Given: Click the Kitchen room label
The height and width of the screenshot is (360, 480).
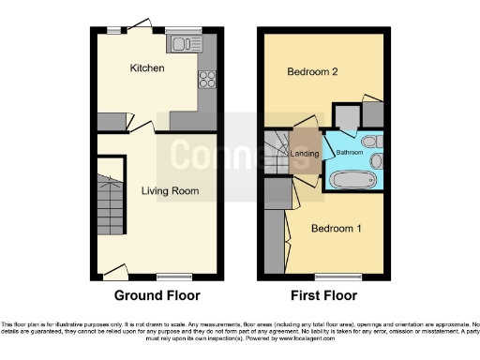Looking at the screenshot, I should (x=147, y=68).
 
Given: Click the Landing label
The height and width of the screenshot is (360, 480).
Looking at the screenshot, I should (x=305, y=155).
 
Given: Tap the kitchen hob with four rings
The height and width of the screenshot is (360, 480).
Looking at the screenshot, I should (x=206, y=80).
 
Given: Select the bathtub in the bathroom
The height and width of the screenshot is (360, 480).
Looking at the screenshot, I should (x=351, y=180).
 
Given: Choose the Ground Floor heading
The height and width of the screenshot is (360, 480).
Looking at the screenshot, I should (x=157, y=295).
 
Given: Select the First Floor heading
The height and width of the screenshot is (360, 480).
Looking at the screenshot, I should (x=324, y=295).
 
